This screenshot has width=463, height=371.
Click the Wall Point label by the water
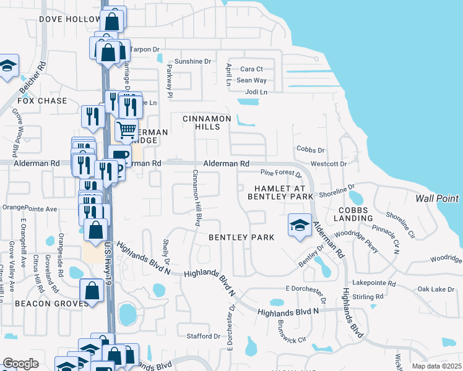pyautogui.click(x=437, y=198)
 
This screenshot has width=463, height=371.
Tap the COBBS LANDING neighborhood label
pyautogui.click(x=353, y=213)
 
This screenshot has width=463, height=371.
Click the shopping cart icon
pyautogui.click(x=127, y=130)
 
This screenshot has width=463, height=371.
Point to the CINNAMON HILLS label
pyautogui.click(x=207, y=122)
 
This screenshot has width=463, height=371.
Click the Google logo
pyautogui.click(x=20, y=363)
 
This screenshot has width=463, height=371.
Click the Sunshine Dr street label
pyautogui.click(x=193, y=62)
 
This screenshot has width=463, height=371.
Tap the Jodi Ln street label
pyautogui.click(x=256, y=92)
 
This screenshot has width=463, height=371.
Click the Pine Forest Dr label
pyautogui.click(x=280, y=173)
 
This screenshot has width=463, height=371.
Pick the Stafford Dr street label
pyautogui.click(x=203, y=336)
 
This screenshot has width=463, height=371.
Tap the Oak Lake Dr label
pyautogui.click(x=436, y=289)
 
